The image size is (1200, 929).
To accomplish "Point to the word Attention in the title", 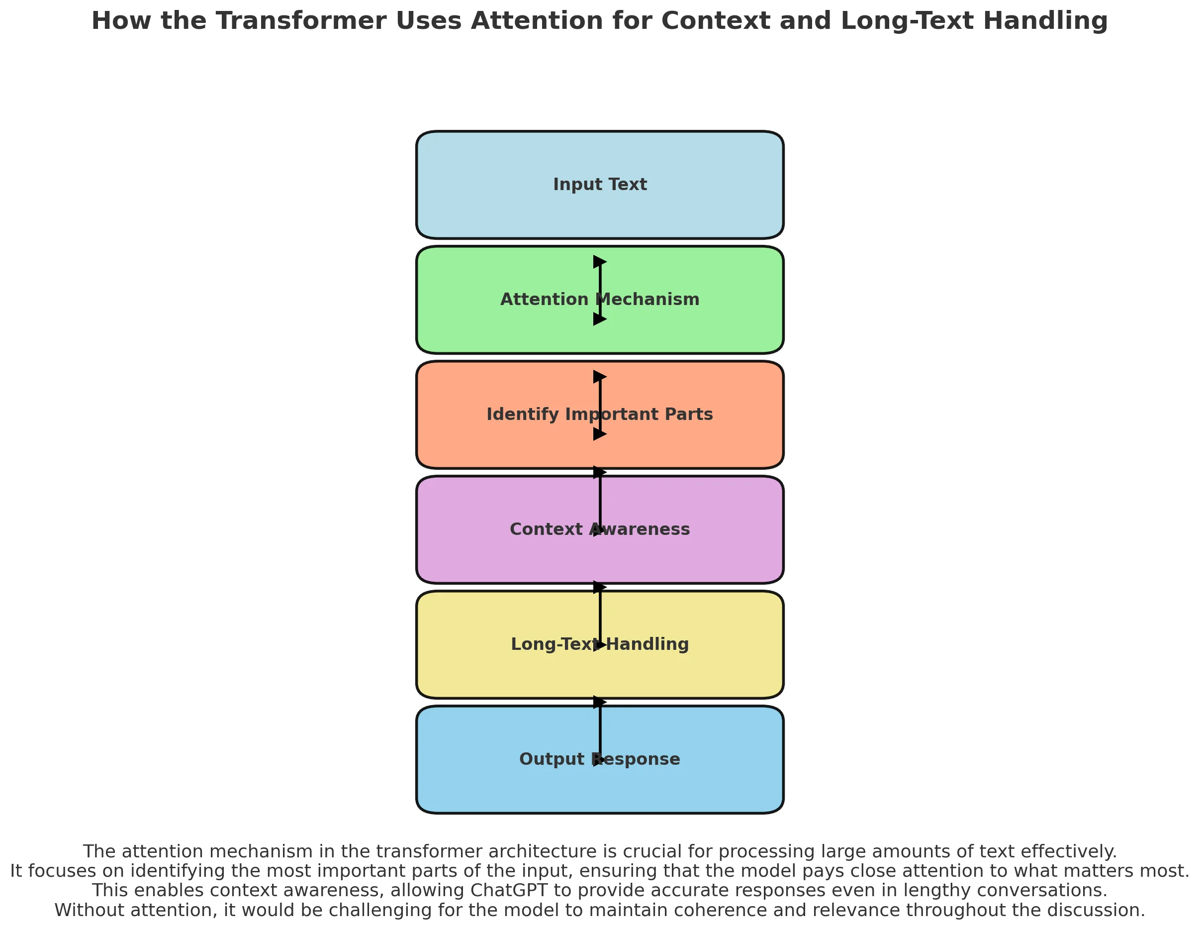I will point(537,21).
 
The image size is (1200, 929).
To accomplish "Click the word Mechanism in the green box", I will point(648,300).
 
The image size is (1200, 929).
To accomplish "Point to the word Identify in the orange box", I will point(523,414).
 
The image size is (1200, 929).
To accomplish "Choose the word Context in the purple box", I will point(546,529).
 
